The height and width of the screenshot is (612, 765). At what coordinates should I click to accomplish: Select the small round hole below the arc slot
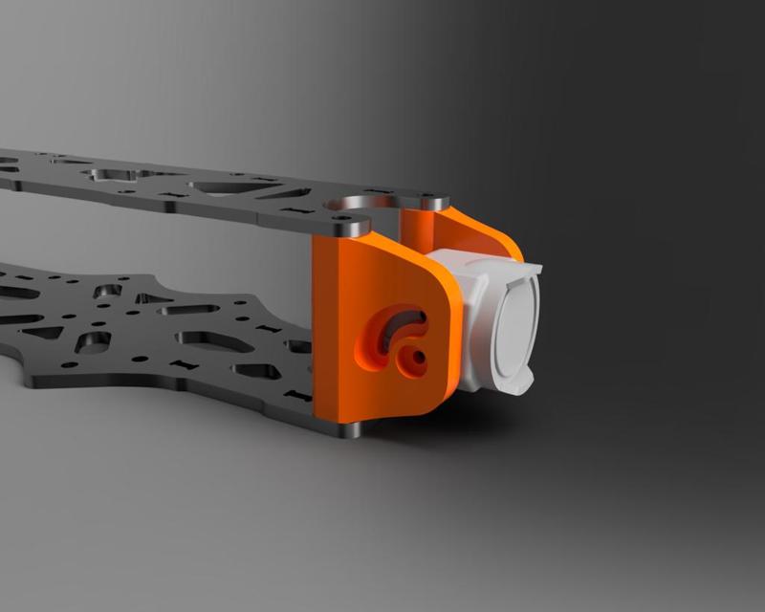[x=416, y=360]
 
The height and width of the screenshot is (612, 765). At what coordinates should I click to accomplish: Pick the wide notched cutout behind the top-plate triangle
[x=120, y=176]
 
